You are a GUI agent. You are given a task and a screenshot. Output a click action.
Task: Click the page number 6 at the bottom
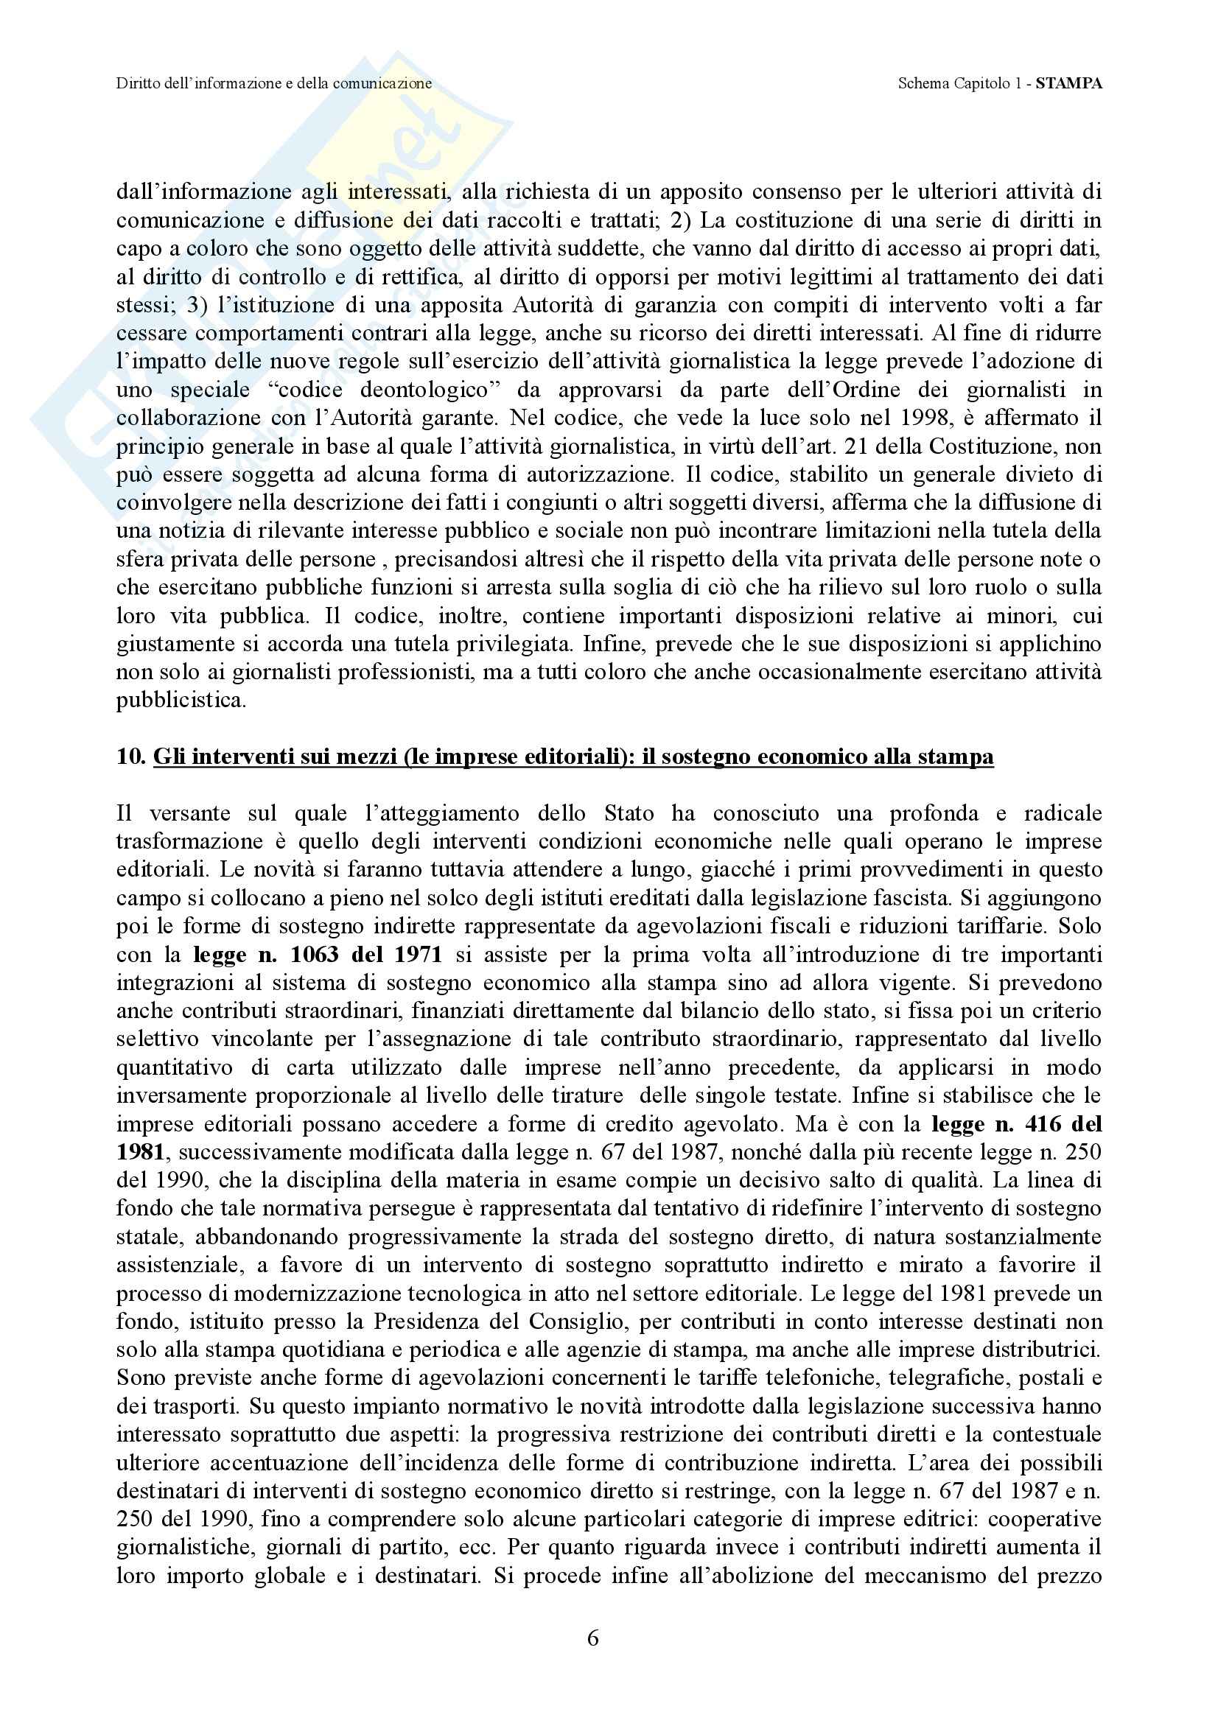click(x=592, y=1639)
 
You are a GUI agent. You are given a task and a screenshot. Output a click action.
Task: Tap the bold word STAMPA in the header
click(x=1068, y=83)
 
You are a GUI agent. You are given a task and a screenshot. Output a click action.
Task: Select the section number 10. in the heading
click(x=131, y=757)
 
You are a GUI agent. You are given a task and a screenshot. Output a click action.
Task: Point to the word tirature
click(x=587, y=1095)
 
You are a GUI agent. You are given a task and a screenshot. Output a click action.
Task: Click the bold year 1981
click(x=139, y=1152)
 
